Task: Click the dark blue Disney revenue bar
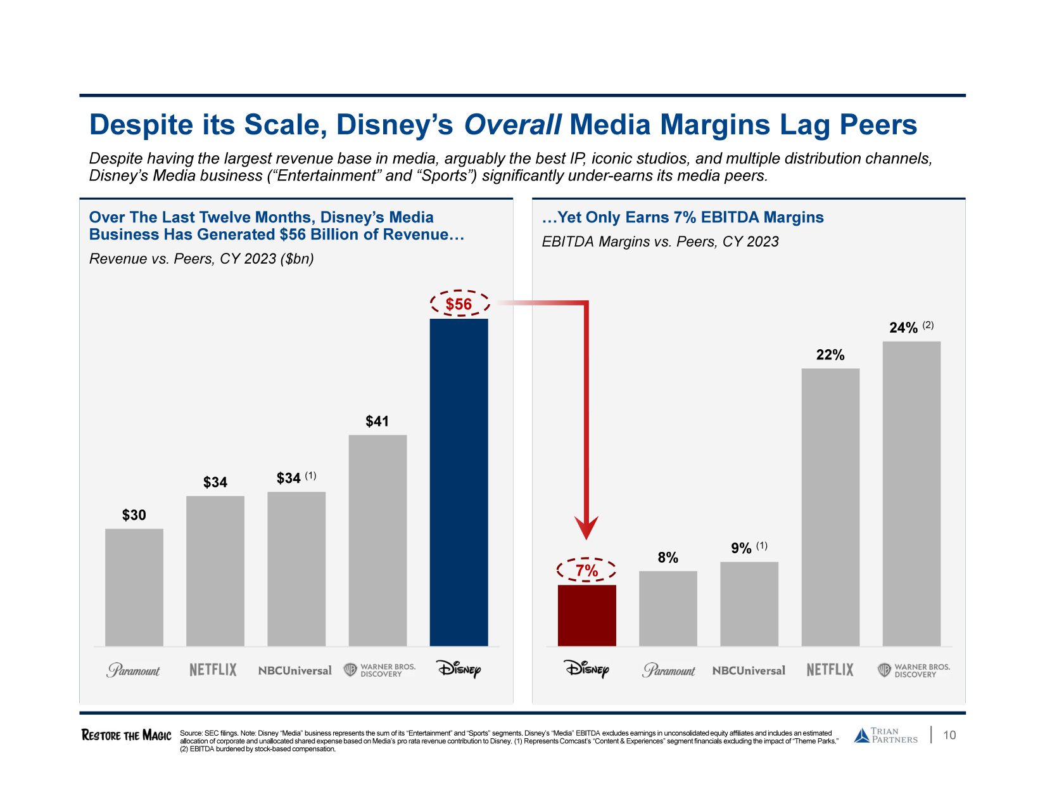pyautogui.click(x=459, y=482)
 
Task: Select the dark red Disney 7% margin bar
pyautogui.click(x=586, y=615)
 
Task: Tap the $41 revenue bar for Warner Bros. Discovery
pyautogui.click(x=377, y=540)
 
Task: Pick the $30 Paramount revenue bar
pyautogui.click(x=134, y=587)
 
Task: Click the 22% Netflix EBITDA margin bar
pyautogui.click(x=830, y=507)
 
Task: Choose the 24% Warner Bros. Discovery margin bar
pyautogui.click(x=911, y=494)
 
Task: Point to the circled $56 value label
pyautogui.click(x=459, y=304)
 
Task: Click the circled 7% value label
pyautogui.click(x=586, y=570)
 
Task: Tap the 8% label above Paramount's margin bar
pyautogui.click(x=668, y=558)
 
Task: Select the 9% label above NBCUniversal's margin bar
pyautogui.click(x=741, y=548)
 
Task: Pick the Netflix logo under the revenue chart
pyautogui.click(x=213, y=670)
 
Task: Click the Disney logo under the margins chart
pyautogui.click(x=586, y=669)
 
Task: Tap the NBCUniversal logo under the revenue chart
pyautogui.click(x=294, y=670)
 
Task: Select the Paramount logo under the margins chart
pyautogui.click(x=668, y=670)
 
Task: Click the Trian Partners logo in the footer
pyautogui.click(x=885, y=735)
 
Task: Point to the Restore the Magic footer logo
pyautogui.click(x=126, y=735)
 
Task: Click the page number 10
pyautogui.click(x=949, y=735)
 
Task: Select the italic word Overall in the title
pyautogui.click(x=512, y=125)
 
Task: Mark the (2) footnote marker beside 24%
pyautogui.click(x=928, y=325)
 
